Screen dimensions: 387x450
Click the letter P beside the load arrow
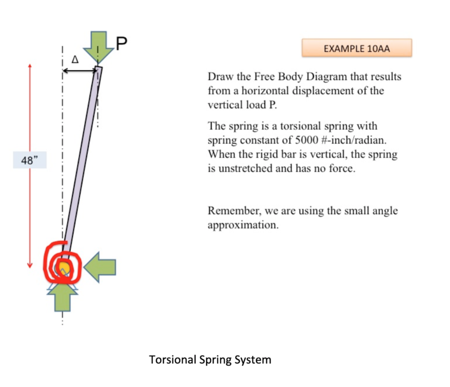click(121, 42)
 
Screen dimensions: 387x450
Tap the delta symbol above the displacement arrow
click(74, 58)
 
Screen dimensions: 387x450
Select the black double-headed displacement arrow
click(80, 70)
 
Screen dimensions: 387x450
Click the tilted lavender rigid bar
click(81, 163)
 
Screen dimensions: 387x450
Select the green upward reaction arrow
click(63, 297)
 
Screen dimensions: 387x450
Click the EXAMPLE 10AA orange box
click(356, 48)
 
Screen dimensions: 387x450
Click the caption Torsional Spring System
click(210, 360)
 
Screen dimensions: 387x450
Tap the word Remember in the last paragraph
click(233, 211)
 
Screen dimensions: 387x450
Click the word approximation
click(243, 225)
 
